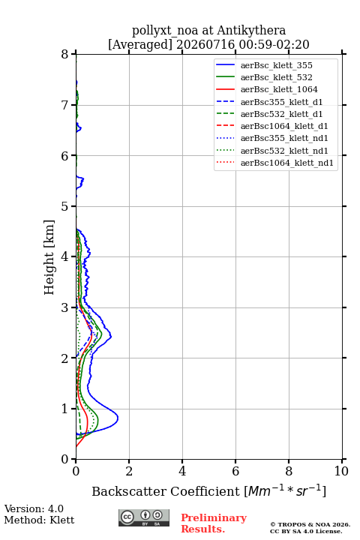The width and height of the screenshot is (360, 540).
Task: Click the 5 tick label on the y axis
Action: coord(65,206)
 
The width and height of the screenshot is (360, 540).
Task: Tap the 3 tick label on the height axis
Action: coord(65,307)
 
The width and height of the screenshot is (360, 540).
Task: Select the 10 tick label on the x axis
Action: coord(341,471)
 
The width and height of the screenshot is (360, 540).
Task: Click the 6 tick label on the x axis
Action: coord(235,471)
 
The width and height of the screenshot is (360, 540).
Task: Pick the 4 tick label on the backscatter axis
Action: coord(182,471)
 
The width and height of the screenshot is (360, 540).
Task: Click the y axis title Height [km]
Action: coord(49,257)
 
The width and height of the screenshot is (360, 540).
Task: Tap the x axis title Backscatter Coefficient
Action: coord(166,491)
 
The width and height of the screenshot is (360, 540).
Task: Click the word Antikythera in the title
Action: coord(251,31)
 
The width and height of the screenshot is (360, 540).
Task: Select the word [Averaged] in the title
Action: coord(139,44)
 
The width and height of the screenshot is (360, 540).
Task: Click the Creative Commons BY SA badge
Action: coord(144,518)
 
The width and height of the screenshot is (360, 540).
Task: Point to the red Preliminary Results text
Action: coord(214,523)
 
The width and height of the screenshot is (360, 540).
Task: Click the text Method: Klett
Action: coord(39,520)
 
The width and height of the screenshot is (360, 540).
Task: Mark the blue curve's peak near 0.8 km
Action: coord(118,418)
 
